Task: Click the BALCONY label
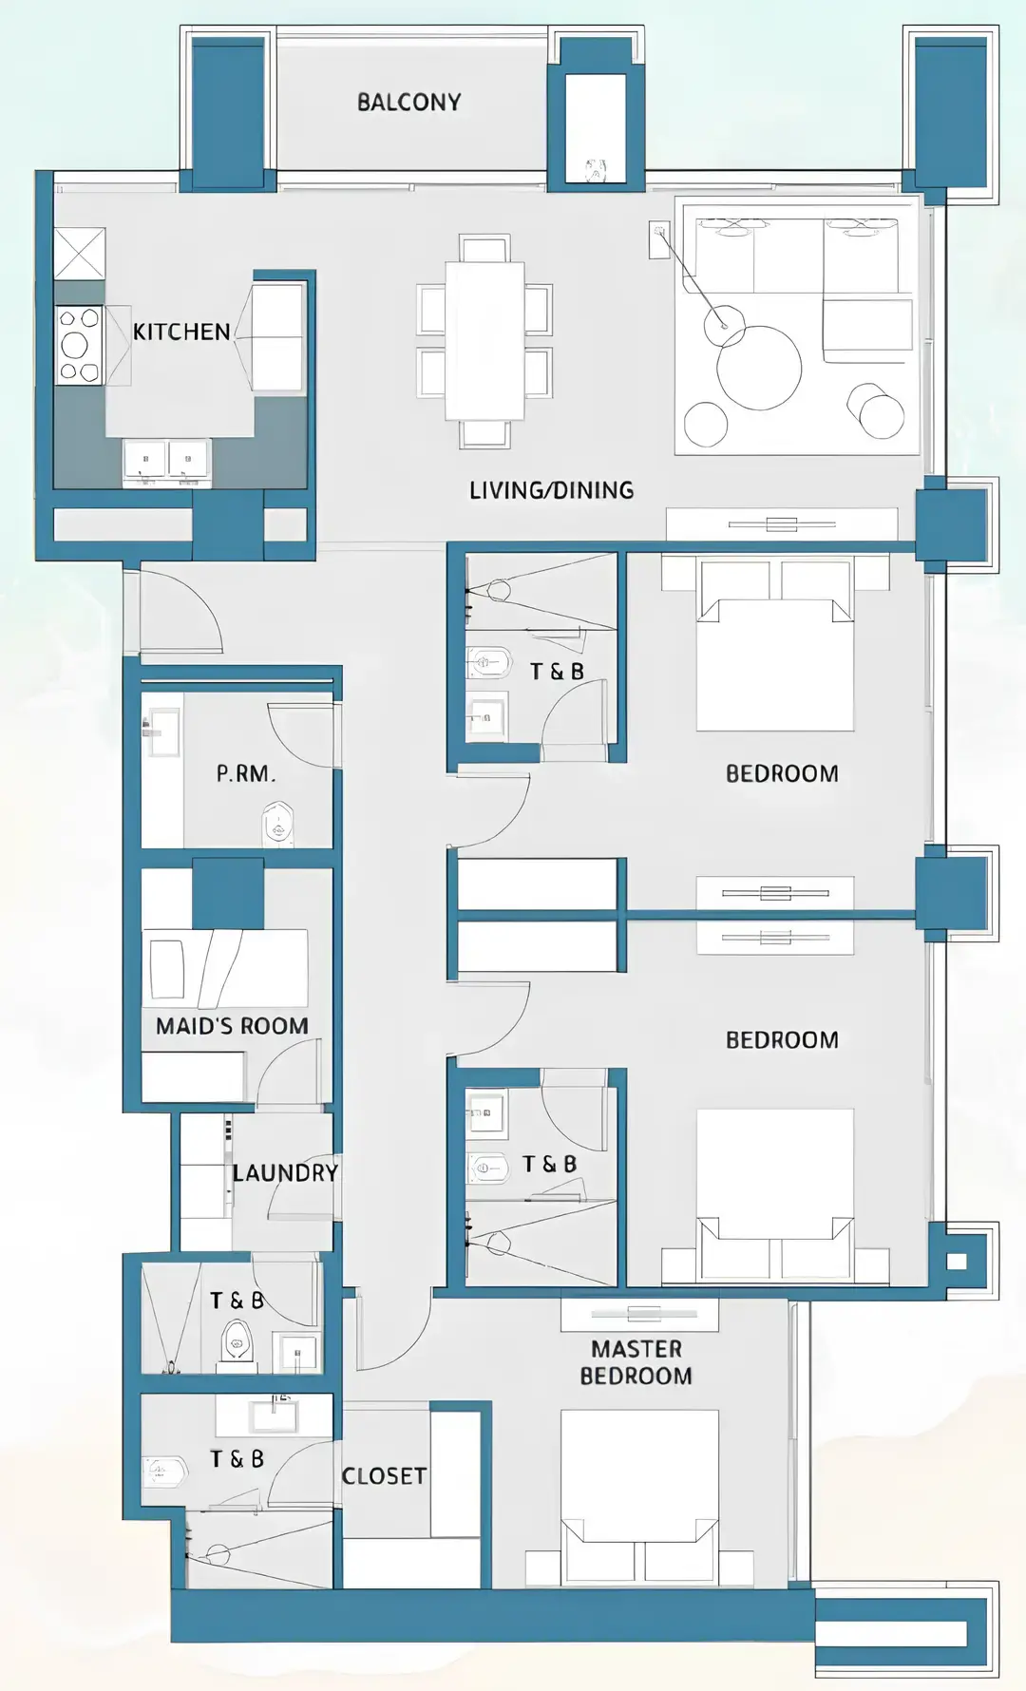click(408, 102)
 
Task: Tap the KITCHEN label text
click(181, 332)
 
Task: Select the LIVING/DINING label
click(551, 490)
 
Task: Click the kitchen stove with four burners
click(80, 345)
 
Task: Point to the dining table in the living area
click(484, 340)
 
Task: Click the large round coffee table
click(759, 368)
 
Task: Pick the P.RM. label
click(245, 773)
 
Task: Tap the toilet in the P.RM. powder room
click(277, 824)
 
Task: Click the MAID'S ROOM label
click(232, 1026)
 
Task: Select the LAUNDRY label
click(285, 1172)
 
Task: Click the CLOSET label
click(384, 1475)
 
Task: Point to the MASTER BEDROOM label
click(636, 1362)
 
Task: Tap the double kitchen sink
click(166, 461)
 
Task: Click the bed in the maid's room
click(226, 968)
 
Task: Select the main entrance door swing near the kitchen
click(180, 608)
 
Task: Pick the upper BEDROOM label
click(782, 773)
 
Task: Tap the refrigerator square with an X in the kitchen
click(79, 254)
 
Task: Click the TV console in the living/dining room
click(781, 524)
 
